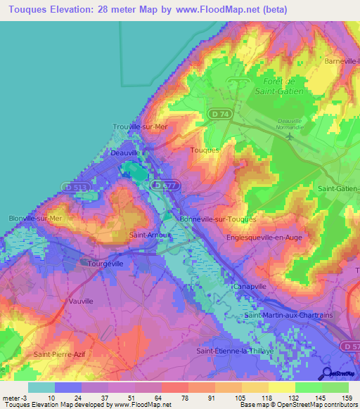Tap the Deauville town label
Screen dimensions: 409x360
point(125,152)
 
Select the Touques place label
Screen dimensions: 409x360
point(205,150)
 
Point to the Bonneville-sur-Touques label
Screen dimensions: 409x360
point(218,219)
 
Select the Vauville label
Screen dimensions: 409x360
point(81,301)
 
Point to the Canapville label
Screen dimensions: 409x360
point(250,286)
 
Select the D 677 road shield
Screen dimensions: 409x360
point(160,184)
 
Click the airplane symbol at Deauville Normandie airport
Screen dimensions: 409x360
point(290,136)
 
